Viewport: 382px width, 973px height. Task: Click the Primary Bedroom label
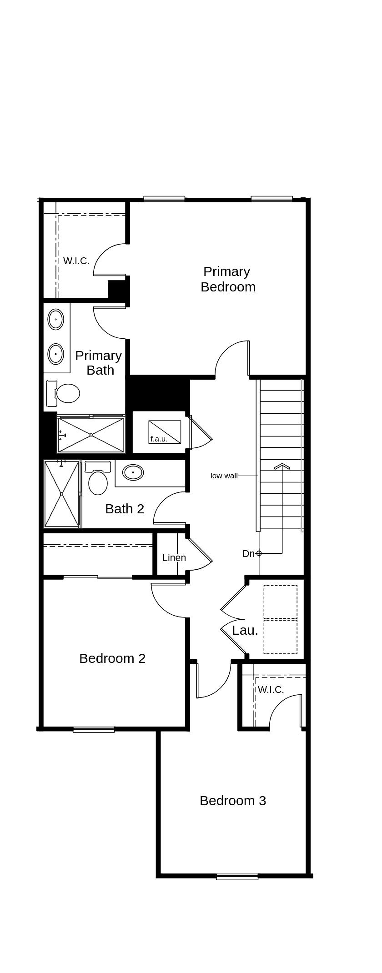point(227,279)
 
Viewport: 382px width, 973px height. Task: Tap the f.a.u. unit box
point(165,431)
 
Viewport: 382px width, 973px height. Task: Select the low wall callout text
point(224,476)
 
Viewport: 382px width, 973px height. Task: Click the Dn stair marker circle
point(259,553)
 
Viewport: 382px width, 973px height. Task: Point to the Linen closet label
point(174,557)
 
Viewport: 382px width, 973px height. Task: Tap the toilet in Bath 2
point(98,482)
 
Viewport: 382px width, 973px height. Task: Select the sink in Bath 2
point(133,472)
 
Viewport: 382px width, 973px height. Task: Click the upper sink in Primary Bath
point(55,319)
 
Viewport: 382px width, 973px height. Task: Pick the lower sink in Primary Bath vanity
point(55,353)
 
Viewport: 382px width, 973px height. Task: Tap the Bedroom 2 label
point(112,658)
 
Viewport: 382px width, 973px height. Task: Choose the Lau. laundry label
point(245,630)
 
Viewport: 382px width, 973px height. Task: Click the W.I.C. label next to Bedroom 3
point(271,689)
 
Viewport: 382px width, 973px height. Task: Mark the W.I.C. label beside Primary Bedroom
point(76,261)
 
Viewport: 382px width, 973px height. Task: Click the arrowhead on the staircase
point(282,466)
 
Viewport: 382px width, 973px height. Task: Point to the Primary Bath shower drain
point(91,435)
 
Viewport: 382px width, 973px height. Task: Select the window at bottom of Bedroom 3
point(237,877)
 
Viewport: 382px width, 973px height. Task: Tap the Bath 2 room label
point(124,508)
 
